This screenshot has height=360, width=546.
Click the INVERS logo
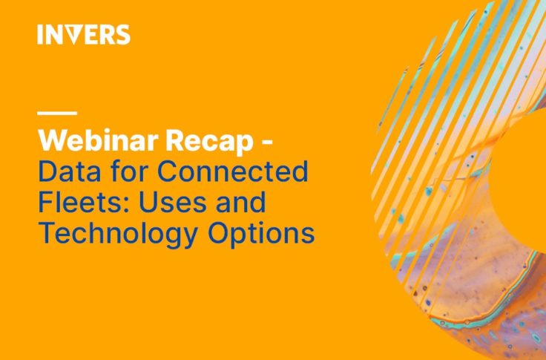84,34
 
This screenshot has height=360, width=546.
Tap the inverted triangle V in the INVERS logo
73,35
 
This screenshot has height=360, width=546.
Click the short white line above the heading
57,113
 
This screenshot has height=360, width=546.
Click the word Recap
209,140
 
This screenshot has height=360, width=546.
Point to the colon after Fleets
125,206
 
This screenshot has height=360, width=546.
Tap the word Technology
118,235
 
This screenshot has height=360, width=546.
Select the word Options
261,235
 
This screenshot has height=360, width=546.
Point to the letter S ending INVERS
122,35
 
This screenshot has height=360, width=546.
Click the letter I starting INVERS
40,35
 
